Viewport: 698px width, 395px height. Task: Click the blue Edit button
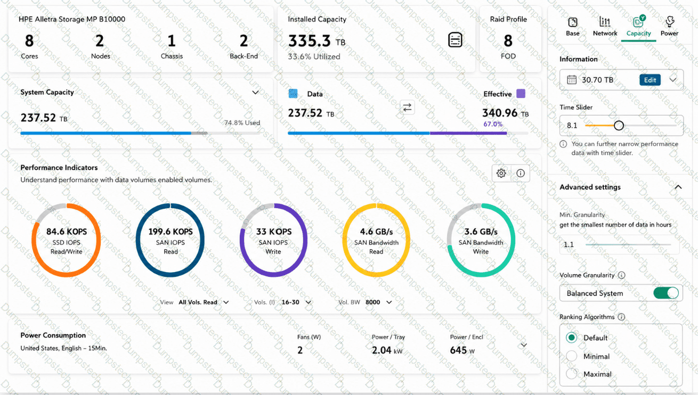(650, 80)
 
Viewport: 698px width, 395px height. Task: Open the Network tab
(605, 27)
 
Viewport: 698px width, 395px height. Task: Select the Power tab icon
(670, 21)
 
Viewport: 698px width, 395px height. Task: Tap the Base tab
(572, 27)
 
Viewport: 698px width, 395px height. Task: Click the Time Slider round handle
(619, 126)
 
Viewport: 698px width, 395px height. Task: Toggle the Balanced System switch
(666, 293)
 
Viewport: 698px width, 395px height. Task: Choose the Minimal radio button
(572, 356)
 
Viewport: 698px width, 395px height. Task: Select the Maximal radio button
(572, 374)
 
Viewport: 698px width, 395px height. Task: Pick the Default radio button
(572, 338)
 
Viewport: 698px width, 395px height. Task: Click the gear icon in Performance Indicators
(501, 173)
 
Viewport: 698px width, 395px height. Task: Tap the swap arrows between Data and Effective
(407, 108)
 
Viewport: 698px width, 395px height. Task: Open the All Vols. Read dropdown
(204, 302)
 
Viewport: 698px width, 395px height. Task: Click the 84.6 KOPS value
(67, 232)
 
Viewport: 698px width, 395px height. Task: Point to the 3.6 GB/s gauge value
(481, 232)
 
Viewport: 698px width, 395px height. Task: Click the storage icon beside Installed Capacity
(455, 40)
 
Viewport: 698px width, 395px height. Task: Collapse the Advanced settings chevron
(678, 187)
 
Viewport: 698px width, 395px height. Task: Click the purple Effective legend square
(521, 93)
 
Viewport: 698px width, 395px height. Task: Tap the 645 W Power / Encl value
(462, 350)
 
